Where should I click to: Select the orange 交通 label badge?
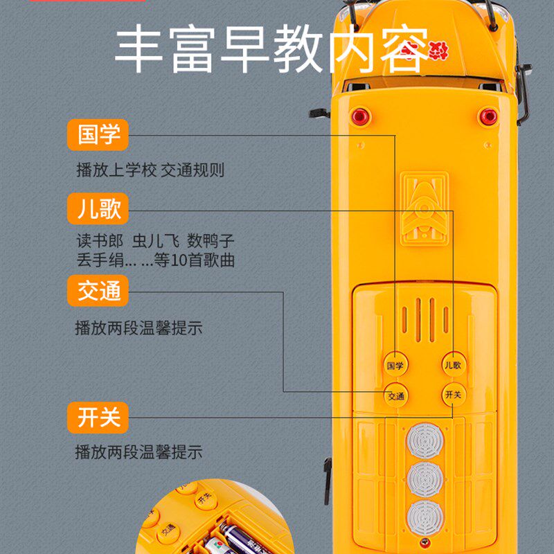98,291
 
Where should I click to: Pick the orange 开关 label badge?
98,418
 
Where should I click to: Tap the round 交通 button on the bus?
395,396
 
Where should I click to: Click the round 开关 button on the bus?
453,395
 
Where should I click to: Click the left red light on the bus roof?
360,116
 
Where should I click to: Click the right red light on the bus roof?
489,116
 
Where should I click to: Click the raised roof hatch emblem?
424,208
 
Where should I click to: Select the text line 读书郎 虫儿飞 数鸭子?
156,242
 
